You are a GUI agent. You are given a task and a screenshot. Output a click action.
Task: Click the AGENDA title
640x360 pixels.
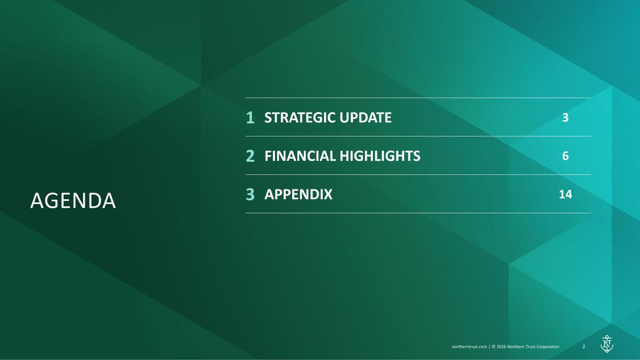(73, 201)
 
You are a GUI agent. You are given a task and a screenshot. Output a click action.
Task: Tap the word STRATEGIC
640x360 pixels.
(300, 118)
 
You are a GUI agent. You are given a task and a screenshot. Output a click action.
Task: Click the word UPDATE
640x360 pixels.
(366, 118)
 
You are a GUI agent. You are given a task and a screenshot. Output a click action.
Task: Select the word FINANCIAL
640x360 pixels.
(300, 156)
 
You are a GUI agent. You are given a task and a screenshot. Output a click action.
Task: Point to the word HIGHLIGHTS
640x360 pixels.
(380, 156)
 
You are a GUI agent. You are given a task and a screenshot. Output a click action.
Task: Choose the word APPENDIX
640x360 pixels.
(299, 194)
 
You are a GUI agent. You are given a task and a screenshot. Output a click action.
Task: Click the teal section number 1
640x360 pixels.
(250, 118)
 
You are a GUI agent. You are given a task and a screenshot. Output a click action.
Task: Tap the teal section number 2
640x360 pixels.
(250, 156)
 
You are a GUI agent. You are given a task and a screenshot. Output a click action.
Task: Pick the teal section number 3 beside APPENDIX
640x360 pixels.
(250, 194)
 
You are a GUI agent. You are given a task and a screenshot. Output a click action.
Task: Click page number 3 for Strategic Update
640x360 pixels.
(565, 118)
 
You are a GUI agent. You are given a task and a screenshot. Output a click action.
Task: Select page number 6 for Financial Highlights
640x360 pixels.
(565, 156)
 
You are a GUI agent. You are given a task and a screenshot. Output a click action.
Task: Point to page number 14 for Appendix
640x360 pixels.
(565, 194)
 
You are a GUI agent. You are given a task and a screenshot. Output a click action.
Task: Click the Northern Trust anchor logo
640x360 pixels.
(607, 344)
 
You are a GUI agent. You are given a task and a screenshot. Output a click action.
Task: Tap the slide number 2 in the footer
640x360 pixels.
(584, 346)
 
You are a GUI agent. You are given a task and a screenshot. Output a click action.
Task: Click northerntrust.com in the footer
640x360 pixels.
(469, 347)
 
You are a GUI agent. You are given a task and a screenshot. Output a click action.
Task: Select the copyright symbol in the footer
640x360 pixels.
(493, 347)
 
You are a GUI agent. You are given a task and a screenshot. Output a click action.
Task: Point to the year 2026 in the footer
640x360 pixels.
(501, 347)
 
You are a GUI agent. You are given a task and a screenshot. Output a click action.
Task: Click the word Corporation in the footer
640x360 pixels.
(548, 347)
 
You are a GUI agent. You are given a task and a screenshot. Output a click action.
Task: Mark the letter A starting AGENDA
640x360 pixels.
(37, 201)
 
